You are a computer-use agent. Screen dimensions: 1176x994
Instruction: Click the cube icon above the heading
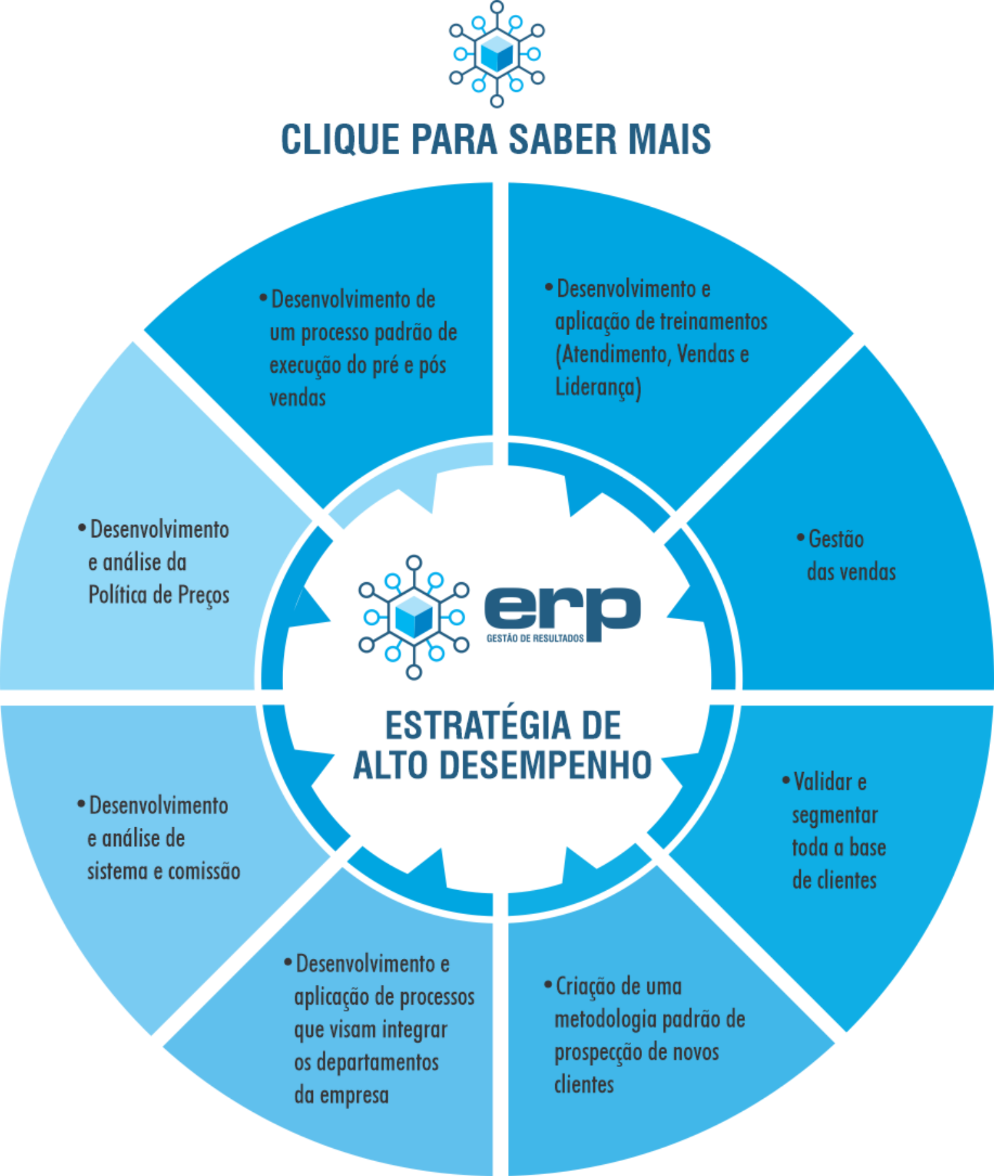click(496, 53)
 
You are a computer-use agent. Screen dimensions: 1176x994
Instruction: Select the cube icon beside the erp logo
click(413, 617)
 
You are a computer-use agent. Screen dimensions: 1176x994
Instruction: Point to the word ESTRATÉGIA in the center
click(478, 725)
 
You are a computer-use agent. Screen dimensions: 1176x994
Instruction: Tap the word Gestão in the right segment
click(836, 539)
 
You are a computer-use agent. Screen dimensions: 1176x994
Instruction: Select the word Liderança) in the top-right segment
click(598, 387)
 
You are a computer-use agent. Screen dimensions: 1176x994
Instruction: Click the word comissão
click(204, 871)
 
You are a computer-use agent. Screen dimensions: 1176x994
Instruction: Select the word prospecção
click(601, 1052)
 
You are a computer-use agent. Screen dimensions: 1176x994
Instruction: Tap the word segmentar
click(835, 815)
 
